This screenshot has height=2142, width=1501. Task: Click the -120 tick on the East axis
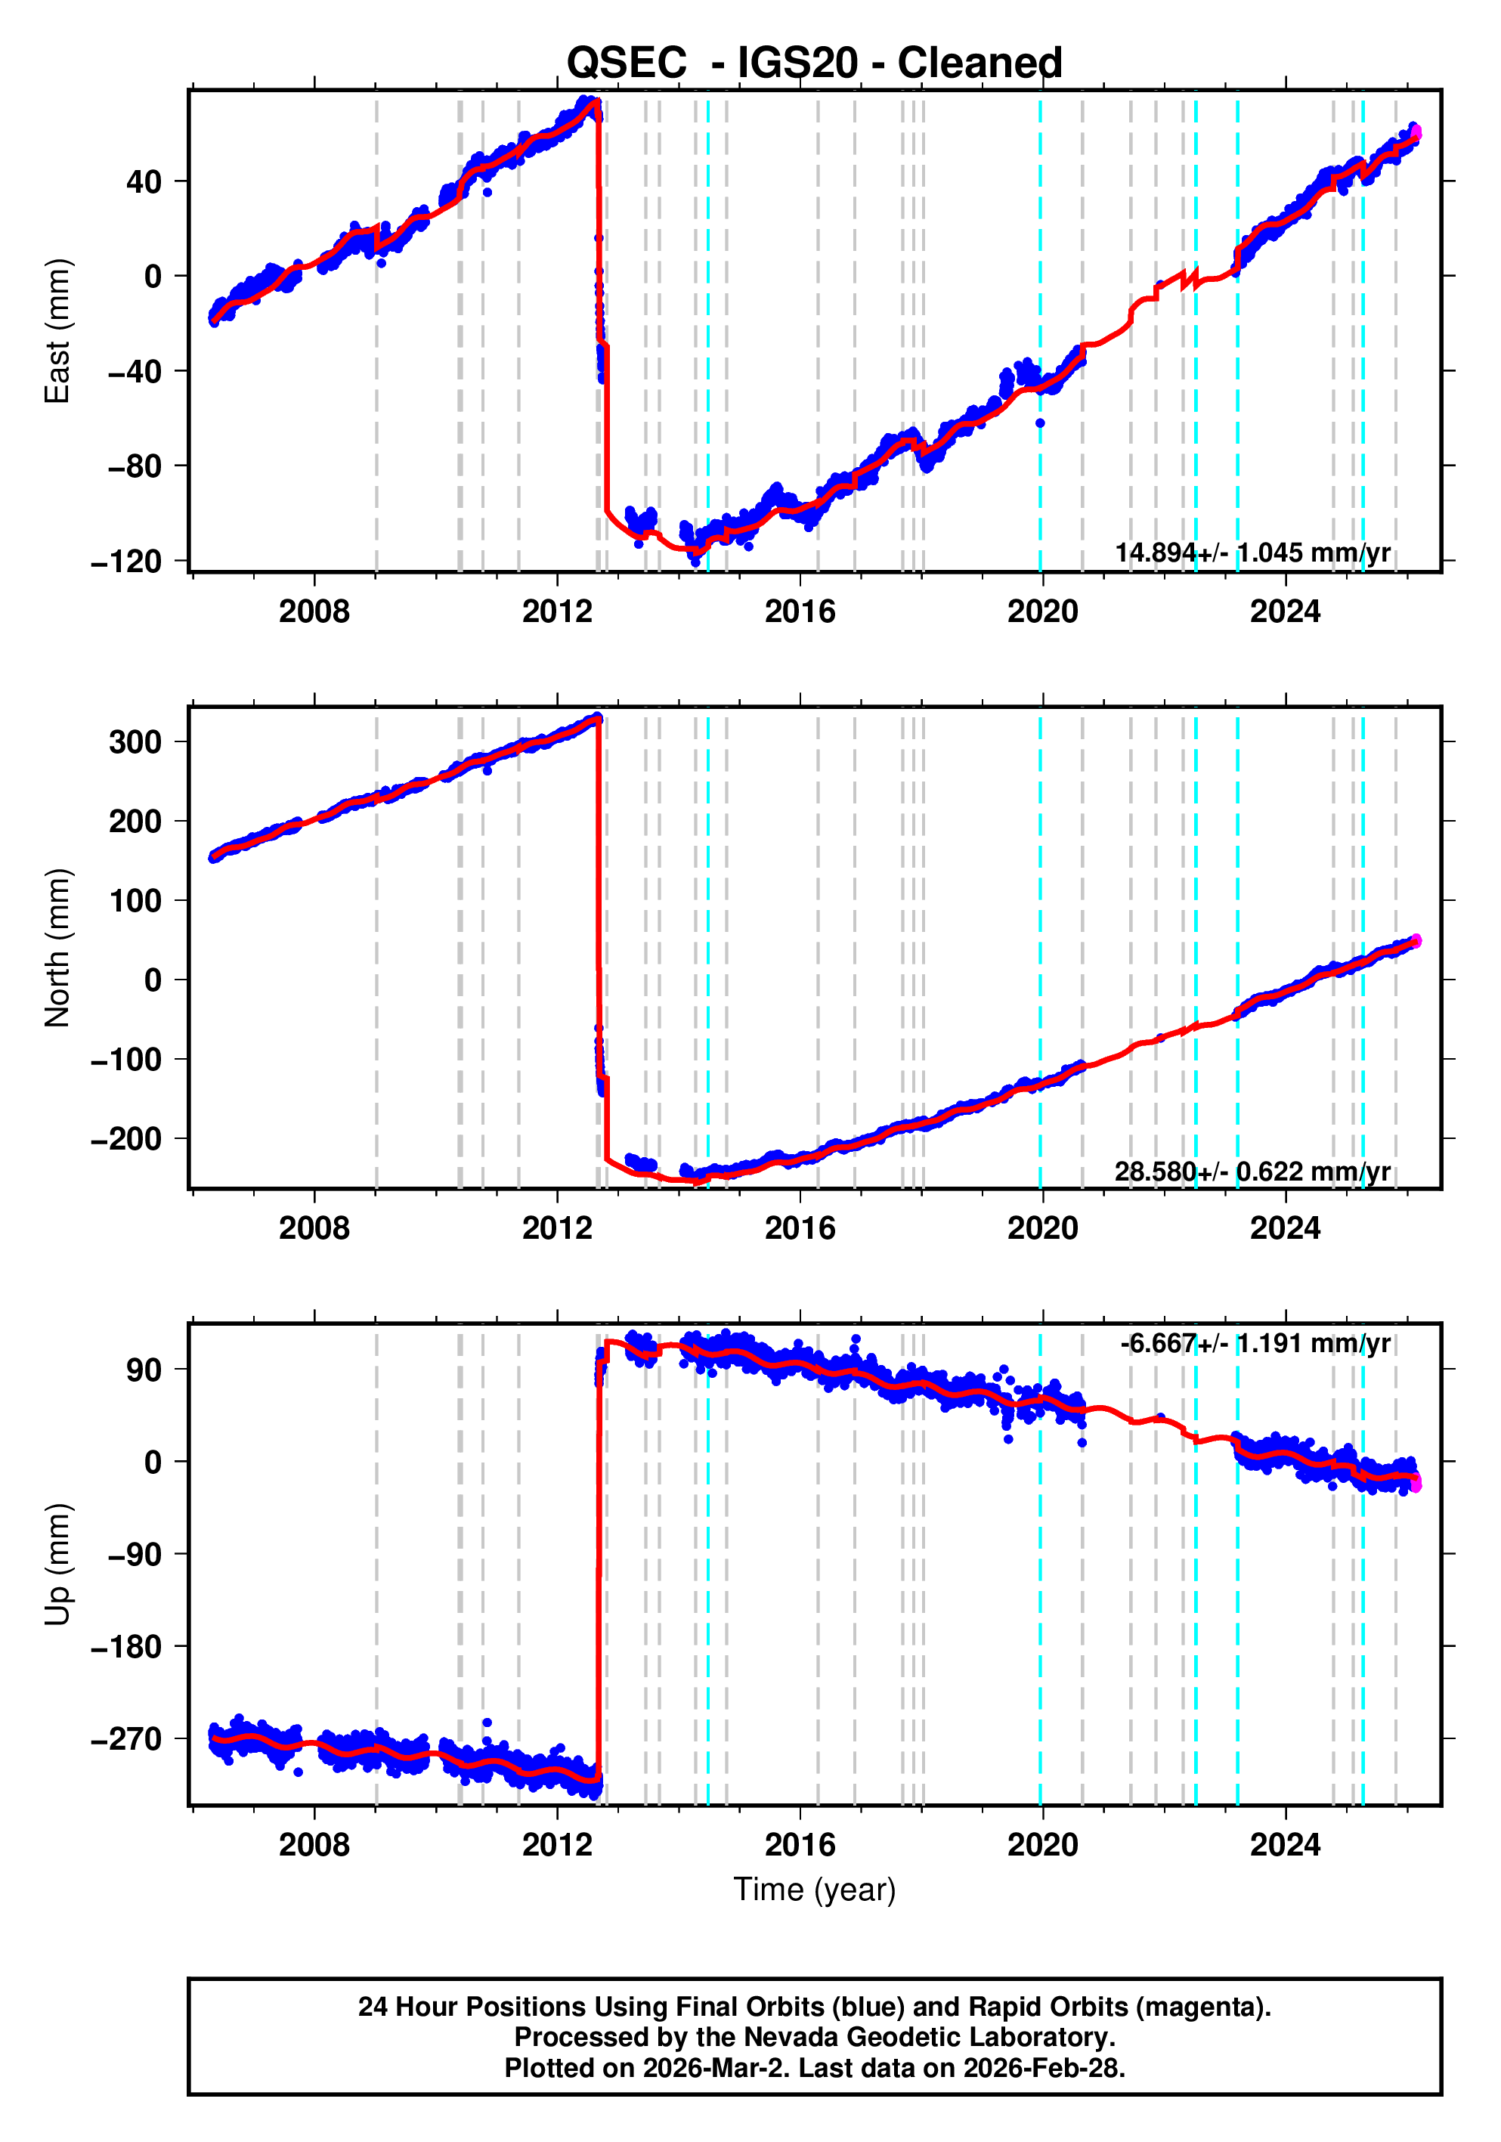point(126,562)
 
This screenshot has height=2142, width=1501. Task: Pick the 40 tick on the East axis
point(144,182)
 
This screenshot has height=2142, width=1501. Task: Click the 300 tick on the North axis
point(135,743)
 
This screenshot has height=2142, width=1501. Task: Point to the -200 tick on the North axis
point(126,1139)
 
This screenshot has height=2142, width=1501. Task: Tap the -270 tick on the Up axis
point(126,1739)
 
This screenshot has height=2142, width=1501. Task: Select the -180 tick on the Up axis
point(126,1647)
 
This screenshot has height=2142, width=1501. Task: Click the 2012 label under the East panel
point(557,612)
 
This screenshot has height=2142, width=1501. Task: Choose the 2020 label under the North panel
point(1042,1229)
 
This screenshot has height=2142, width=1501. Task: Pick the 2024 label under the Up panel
point(1285,1844)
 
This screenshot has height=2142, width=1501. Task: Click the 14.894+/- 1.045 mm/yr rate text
point(1252,553)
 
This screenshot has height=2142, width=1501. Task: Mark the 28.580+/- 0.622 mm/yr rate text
point(1252,1171)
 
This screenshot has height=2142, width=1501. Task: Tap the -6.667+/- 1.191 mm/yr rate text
point(1255,1343)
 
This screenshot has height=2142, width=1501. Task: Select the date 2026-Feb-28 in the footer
point(1043,2068)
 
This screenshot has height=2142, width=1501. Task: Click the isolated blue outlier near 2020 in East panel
point(1040,423)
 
